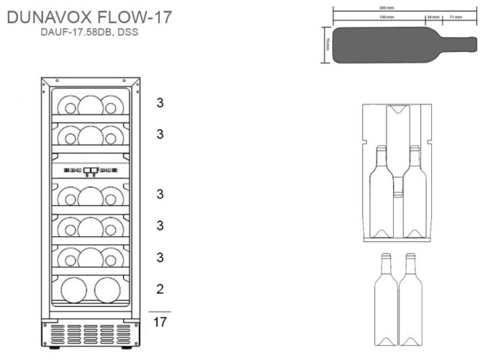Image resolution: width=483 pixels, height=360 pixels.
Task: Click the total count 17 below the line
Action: click(161, 322)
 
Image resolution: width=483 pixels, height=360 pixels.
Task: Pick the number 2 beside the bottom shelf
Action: click(161, 289)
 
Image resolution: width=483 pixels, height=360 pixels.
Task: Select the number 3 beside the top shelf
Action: click(161, 102)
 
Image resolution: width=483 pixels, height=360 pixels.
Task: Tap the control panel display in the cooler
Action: click(91, 171)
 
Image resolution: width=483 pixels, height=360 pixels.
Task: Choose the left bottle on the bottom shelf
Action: click(75, 292)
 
